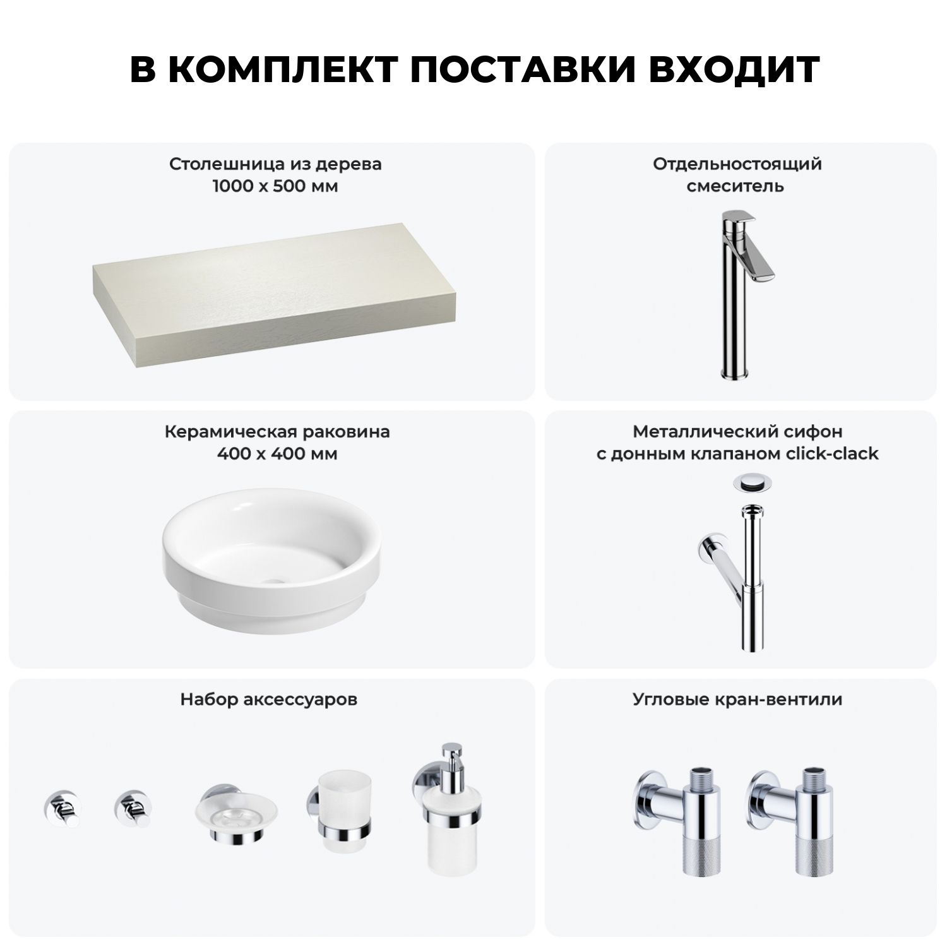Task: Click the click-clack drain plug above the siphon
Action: (751, 483)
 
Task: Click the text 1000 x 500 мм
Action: (275, 186)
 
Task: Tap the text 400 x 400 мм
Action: (277, 454)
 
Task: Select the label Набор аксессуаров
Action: (269, 700)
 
